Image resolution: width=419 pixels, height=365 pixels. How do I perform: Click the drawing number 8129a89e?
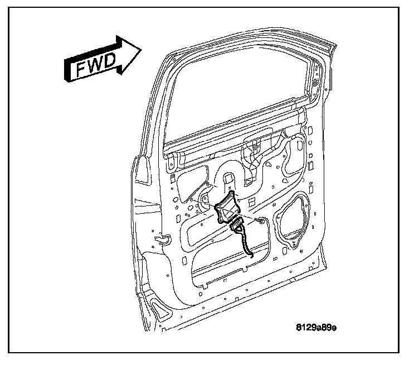point(316,328)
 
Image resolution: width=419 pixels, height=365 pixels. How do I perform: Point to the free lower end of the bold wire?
point(252,257)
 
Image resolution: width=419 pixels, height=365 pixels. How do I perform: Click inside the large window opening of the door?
point(240,95)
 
